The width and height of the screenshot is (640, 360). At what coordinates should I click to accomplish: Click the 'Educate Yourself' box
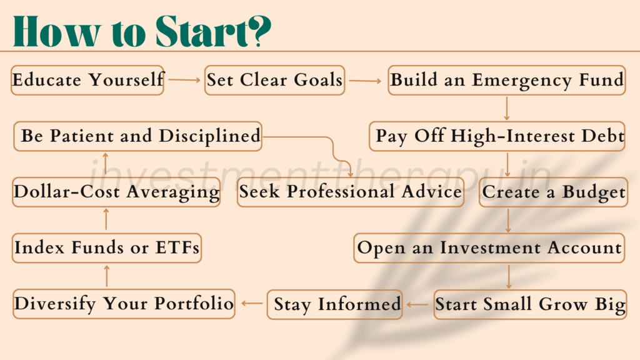pyautogui.click(x=87, y=80)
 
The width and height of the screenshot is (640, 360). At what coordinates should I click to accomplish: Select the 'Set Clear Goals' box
pyautogui.click(x=275, y=80)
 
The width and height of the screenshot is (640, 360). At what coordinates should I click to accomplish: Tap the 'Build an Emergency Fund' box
pyautogui.click(x=506, y=80)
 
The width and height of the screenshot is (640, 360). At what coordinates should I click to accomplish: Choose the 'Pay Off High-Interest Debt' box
pyautogui.click(x=497, y=136)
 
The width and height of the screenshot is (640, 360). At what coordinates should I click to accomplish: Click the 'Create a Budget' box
pyautogui.click(x=553, y=192)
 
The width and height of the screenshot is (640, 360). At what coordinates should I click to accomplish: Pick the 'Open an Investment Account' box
pyautogui.click(x=489, y=247)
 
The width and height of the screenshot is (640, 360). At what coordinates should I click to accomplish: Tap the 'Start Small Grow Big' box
pyautogui.click(x=530, y=304)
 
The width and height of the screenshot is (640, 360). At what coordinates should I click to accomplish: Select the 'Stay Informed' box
pyautogui.click(x=335, y=304)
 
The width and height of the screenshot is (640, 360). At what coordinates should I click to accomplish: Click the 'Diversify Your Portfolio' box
pyautogui.click(x=124, y=304)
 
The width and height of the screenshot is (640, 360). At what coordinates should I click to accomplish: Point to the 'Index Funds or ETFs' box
pyautogui.click(x=106, y=247)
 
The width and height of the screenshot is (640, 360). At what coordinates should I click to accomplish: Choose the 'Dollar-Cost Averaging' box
pyautogui.click(x=116, y=192)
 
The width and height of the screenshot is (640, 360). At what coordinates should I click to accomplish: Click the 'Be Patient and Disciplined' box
pyautogui.click(x=137, y=136)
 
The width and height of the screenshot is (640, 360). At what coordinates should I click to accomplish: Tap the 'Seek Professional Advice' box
pyautogui.click(x=350, y=192)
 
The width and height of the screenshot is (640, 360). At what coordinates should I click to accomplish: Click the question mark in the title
pyautogui.click(x=260, y=31)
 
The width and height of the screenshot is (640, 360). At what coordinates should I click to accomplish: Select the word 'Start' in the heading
pyautogui.click(x=202, y=31)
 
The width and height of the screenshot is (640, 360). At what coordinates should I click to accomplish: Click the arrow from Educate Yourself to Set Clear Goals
pyautogui.click(x=184, y=80)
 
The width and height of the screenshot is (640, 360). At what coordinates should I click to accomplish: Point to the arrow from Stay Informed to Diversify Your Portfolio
pyautogui.click(x=252, y=303)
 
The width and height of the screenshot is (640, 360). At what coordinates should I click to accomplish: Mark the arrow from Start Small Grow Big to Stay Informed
pyautogui.click(x=417, y=304)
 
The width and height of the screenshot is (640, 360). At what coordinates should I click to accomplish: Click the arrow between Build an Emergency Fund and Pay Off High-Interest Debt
pyautogui.click(x=506, y=108)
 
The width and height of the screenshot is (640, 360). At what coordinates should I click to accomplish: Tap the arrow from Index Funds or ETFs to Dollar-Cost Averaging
pyautogui.click(x=106, y=219)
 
